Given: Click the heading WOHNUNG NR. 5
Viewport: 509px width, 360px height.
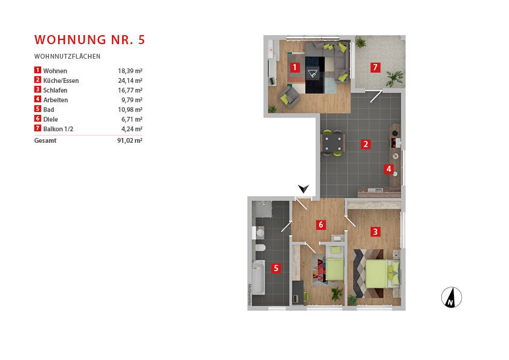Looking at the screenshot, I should [x=89, y=41].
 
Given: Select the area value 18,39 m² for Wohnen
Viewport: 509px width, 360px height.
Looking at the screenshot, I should [x=130, y=71].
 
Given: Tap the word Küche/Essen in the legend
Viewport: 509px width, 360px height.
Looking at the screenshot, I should [x=61, y=80].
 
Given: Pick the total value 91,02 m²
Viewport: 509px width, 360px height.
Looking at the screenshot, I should [x=130, y=140].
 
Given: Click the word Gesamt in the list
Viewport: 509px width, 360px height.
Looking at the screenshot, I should [x=45, y=140].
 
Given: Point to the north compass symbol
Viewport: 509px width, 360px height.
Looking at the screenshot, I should [x=451, y=297].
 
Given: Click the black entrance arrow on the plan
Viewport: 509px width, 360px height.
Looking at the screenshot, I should [x=303, y=189].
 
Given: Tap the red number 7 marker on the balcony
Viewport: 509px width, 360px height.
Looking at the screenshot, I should [x=375, y=67].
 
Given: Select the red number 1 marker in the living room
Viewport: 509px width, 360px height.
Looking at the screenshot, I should [x=294, y=67].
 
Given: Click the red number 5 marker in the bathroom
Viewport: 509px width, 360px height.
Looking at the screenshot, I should [x=276, y=268].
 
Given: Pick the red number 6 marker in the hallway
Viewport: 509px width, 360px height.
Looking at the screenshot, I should [x=321, y=225].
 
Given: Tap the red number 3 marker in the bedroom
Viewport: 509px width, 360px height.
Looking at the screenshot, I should [x=375, y=231].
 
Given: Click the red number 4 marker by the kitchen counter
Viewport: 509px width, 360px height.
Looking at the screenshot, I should [x=389, y=169].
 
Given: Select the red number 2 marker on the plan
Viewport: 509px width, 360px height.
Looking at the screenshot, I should [x=366, y=144].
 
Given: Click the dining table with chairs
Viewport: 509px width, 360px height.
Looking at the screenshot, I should [x=332, y=143].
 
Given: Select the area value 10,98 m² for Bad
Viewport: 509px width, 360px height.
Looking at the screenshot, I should [x=130, y=110].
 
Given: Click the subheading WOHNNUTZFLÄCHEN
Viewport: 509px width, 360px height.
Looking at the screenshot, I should [x=67, y=56].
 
